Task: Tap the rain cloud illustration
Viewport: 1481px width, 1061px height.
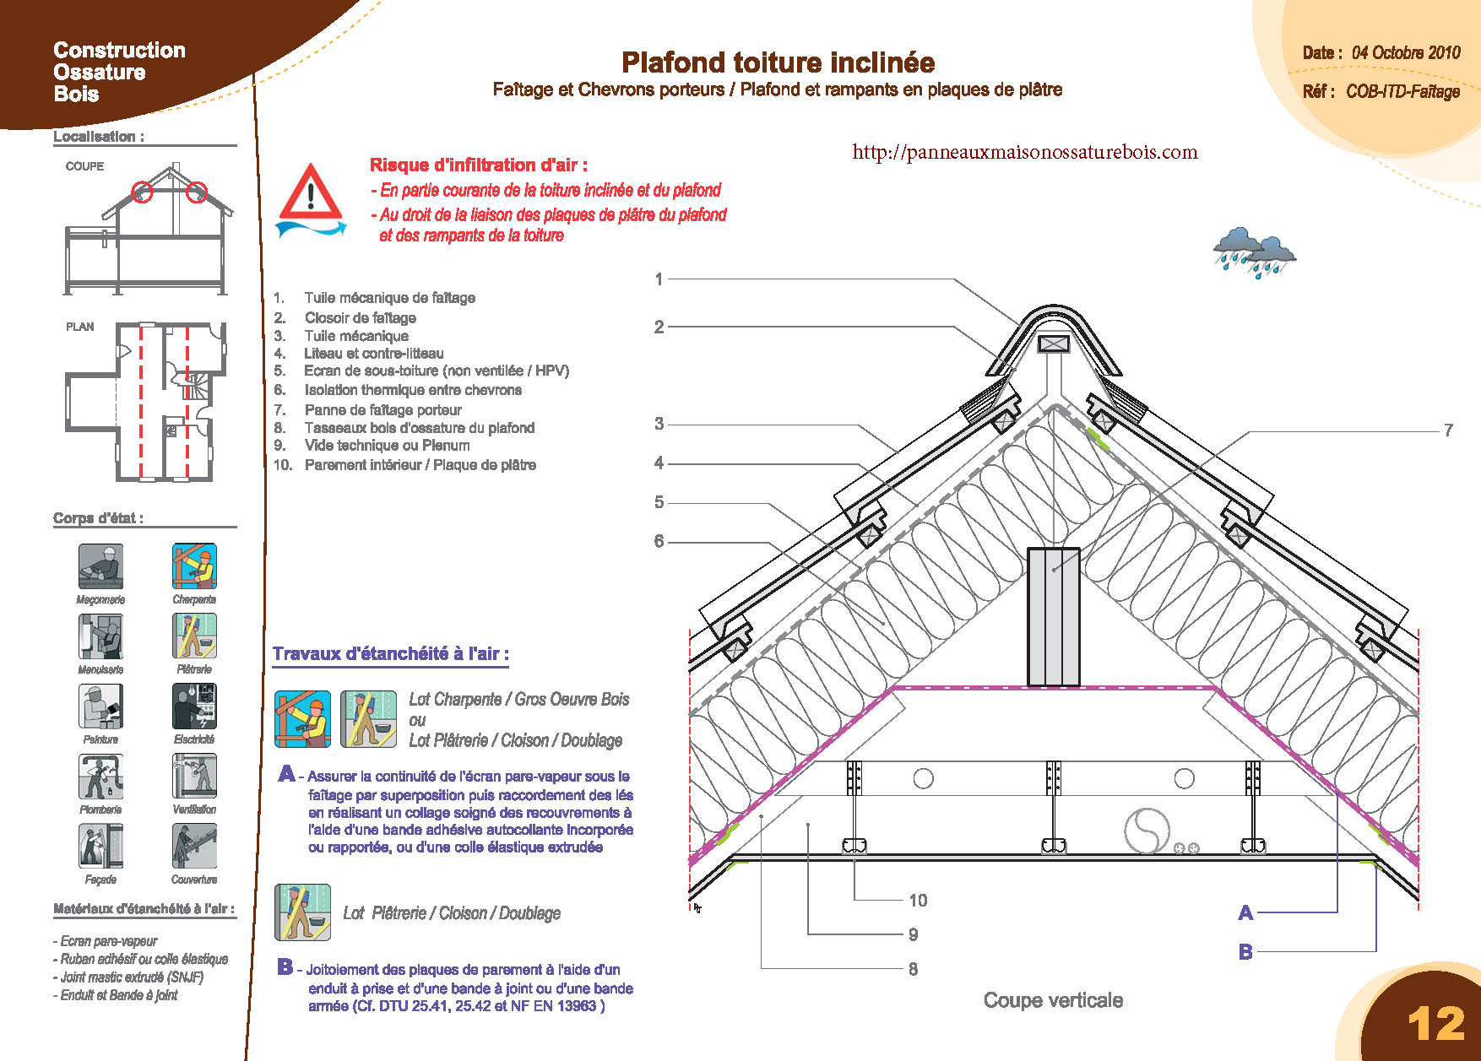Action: click(1254, 252)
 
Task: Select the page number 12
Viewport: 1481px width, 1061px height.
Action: click(1435, 1024)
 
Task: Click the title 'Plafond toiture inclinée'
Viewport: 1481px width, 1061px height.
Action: click(778, 62)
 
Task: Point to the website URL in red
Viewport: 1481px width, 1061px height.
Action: click(1025, 152)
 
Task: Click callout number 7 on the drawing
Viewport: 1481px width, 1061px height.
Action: click(1448, 430)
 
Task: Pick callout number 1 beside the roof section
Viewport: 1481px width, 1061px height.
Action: click(659, 279)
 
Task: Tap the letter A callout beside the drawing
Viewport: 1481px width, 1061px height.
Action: click(1245, 912)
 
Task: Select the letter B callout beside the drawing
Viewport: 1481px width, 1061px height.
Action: click(1245, 952)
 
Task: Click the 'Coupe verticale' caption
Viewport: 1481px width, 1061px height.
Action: click(1053, 1000)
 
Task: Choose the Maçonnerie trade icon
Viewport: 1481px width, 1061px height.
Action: click(100, 566)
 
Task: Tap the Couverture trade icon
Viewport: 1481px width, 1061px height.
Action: click(194, 846)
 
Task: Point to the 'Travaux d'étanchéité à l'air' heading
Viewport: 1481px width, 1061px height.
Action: click(390, 654)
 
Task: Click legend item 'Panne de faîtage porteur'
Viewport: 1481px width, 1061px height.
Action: click(382, 410)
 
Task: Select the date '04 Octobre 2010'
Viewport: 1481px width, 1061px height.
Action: click(1406, 52)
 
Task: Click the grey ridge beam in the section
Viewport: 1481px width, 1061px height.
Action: click(1053, 616)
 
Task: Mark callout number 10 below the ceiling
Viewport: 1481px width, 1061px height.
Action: click(918, 901)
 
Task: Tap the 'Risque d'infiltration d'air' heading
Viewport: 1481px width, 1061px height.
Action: click(479, 165)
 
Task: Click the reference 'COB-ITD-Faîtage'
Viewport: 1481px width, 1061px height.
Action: click(1402, 91)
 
